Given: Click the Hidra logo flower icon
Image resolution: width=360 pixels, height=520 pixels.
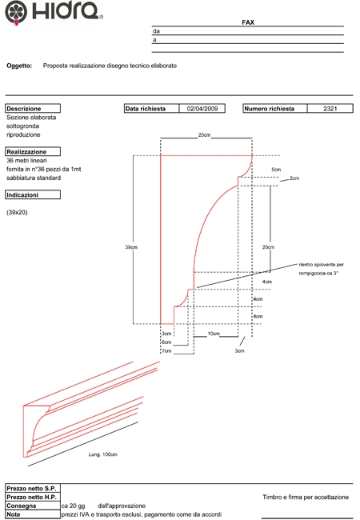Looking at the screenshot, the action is click(15, 12).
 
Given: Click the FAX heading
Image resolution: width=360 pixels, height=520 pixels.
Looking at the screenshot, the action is click(248, 22).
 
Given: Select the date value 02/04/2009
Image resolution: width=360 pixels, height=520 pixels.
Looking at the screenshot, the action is click(202, 109).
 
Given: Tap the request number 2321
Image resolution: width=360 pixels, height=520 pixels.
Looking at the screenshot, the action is click(330, 109).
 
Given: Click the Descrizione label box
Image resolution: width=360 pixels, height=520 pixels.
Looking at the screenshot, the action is click(33, 109).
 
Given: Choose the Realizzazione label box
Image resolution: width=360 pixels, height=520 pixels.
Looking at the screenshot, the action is click(33, 151).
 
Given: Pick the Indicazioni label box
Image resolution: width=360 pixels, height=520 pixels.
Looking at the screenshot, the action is click(33, 194).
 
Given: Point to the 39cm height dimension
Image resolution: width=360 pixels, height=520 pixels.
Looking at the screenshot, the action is click(131, 247).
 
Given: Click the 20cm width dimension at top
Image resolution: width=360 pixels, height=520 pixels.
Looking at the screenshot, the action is click(204, 135).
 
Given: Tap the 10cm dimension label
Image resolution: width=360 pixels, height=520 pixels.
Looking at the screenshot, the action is click(214, 334).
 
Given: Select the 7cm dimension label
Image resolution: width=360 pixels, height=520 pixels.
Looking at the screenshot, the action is click(166, 350).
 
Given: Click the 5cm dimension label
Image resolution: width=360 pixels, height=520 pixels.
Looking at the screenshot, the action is click(276, 170).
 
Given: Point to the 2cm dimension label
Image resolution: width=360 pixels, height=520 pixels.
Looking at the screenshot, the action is click(294, 178).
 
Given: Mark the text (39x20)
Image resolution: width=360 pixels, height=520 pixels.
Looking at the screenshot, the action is click(17, 212).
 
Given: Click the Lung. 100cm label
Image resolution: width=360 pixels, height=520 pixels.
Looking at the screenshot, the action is click(102, 454).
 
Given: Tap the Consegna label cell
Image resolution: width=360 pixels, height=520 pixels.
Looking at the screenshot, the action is click(33, 506).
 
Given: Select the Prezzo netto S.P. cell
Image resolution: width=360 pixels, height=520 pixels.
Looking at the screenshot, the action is click(33, 489).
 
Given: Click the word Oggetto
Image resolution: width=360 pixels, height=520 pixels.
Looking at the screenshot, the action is click(19, 66).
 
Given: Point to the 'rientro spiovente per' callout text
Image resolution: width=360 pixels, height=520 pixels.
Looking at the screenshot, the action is click(322, 265).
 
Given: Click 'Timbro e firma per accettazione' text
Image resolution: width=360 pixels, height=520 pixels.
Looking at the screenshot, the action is click(306, 497).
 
